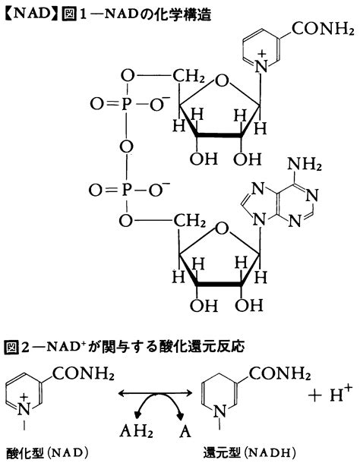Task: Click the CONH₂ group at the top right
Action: click(x=323, y=30)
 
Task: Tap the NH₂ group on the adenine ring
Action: click(x=305, y=165)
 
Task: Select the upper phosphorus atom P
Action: click(x=126, y=104)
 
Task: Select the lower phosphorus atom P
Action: click(x=126, y=190)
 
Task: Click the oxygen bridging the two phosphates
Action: click(x=126, y=146)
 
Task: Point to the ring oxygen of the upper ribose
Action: click(x=223, y=80)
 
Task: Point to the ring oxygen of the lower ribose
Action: click(x=223, y=229)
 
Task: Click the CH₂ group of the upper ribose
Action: click(x=189, y=77)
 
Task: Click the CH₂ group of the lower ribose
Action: click(x=189, y=221)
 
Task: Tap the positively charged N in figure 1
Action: click(x=261, y=66)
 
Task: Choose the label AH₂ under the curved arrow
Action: click(x=136, y=431)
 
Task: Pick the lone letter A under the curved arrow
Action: click(x=185, y=431)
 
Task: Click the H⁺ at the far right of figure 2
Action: click(x=341, y=393)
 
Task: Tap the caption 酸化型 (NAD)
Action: click(x=47, y=454)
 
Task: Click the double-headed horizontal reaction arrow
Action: click(x=155, y=393)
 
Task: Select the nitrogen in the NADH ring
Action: click(x=219, y=411)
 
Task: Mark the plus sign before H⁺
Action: click(x=315, y=395)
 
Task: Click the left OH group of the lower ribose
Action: click(x=204, y=305)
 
